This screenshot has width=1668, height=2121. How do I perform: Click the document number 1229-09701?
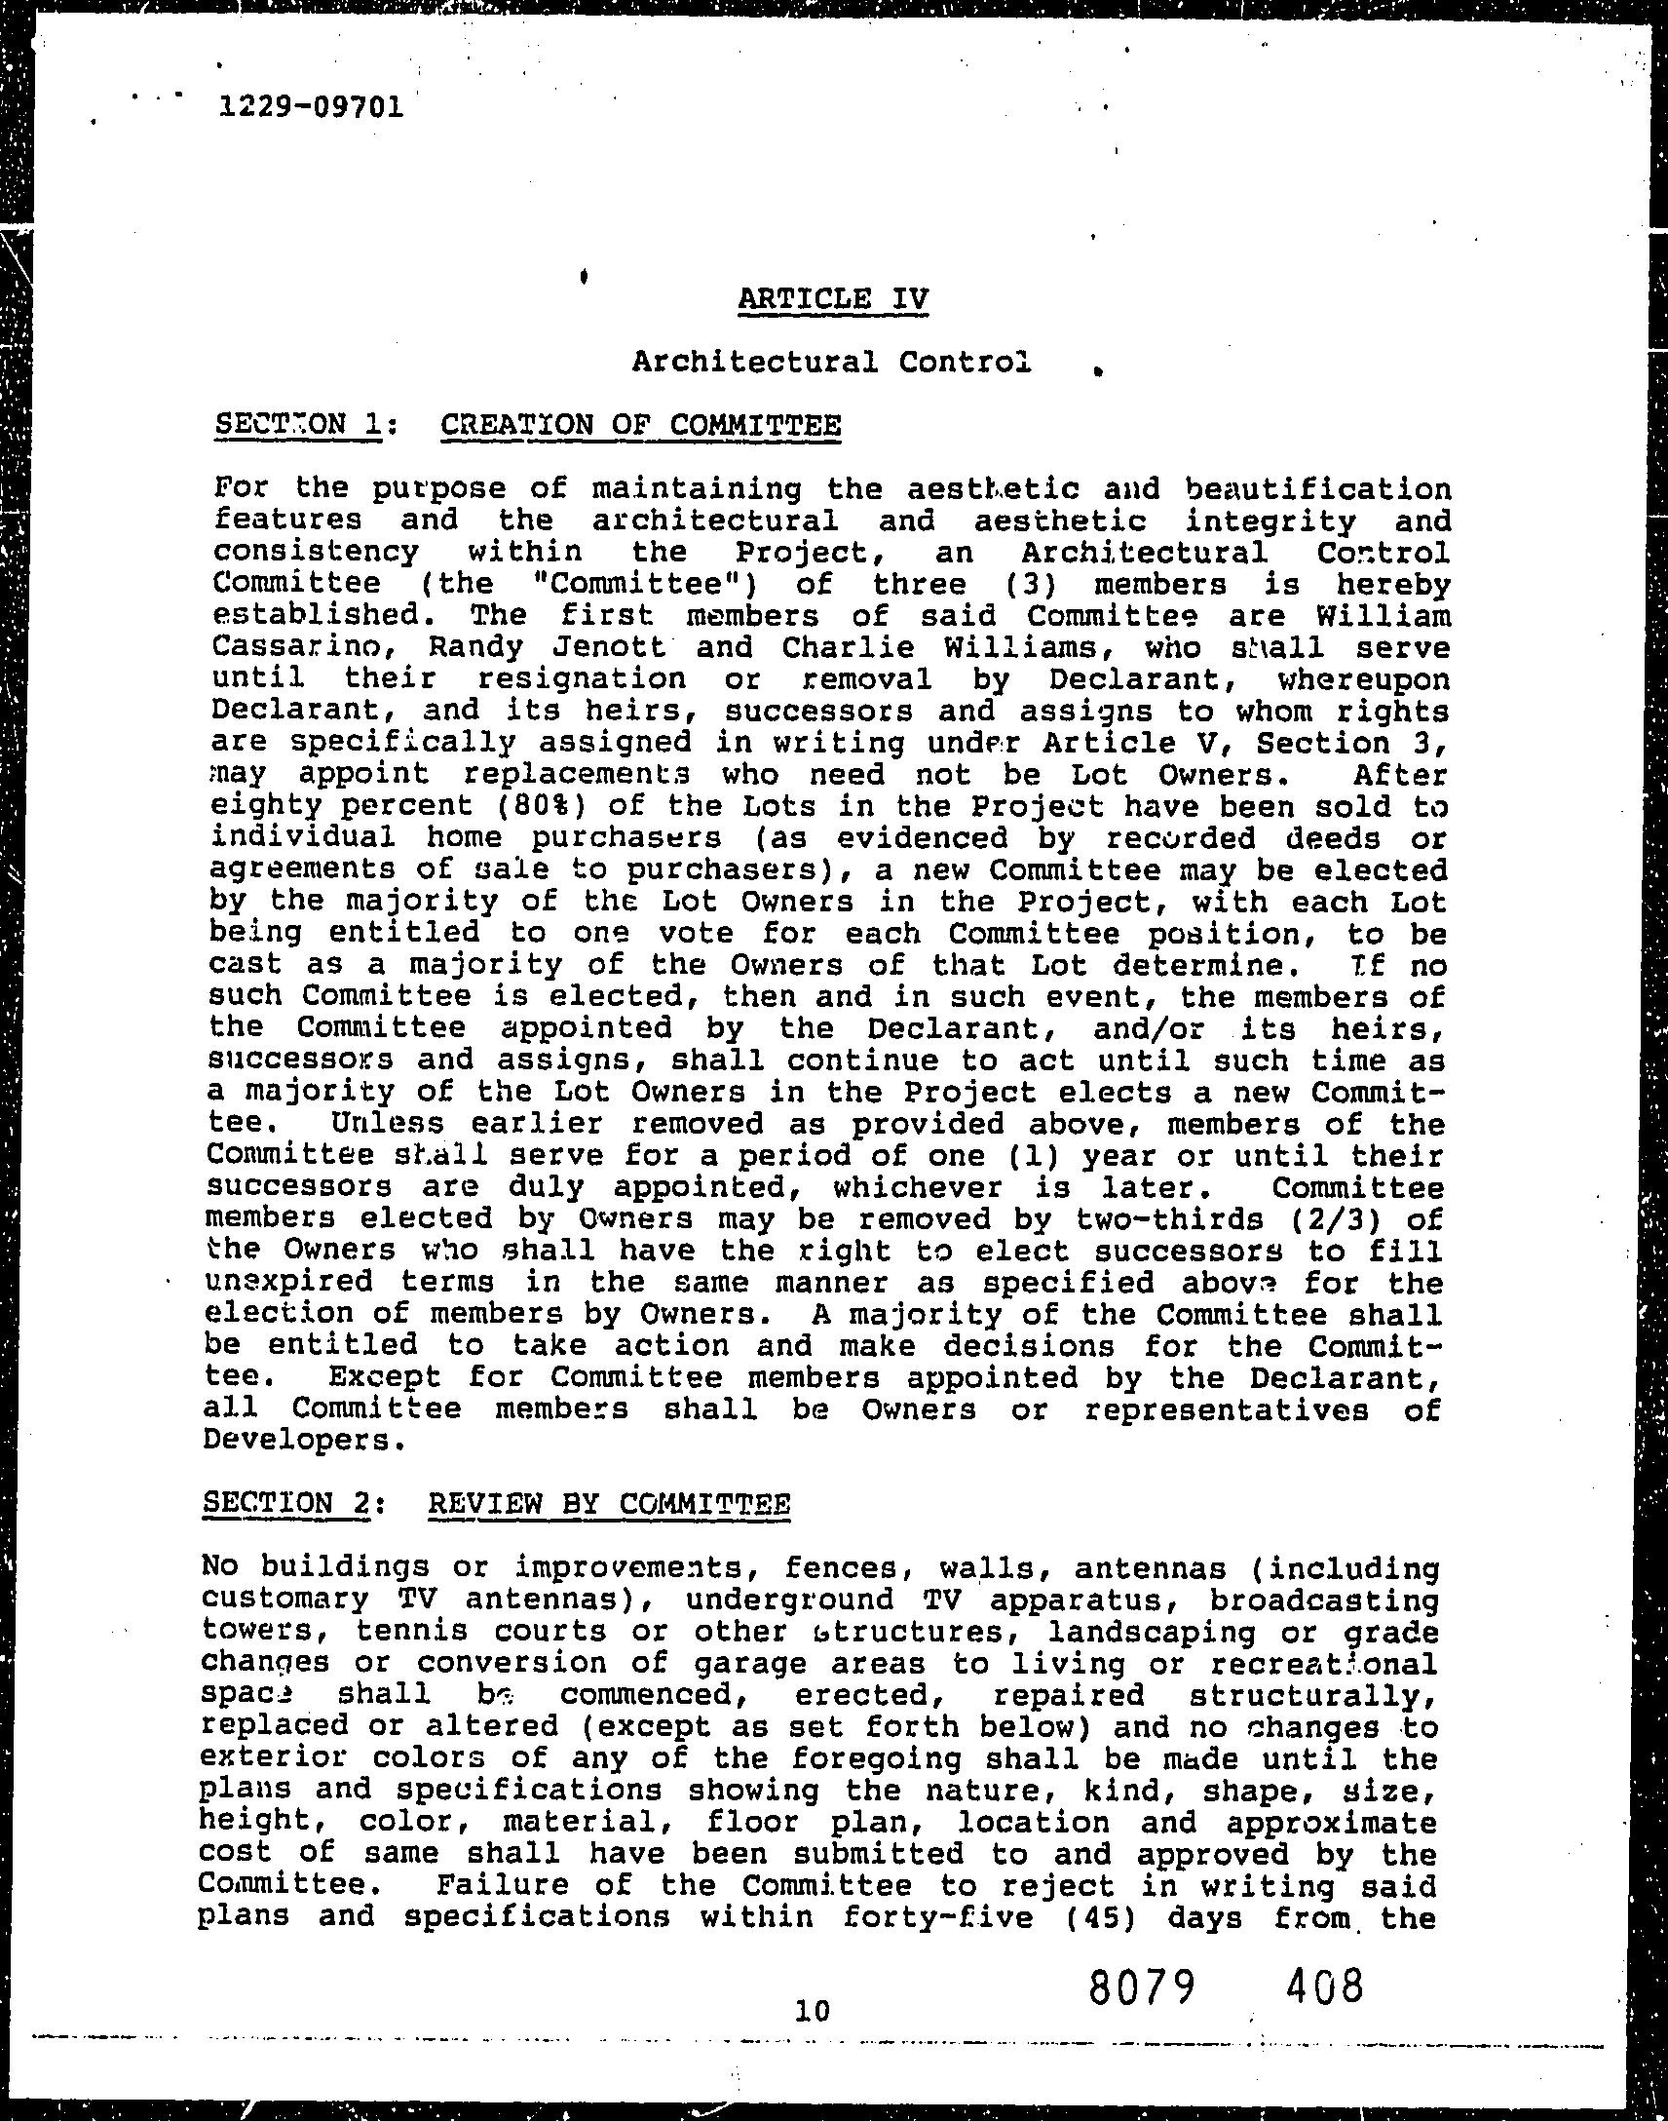tap(311, 106)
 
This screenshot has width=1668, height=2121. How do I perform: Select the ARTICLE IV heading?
tap(833, 298)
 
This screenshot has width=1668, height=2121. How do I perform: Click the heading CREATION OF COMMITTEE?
tap(641, 425)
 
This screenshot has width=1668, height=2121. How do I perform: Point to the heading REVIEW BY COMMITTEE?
tap(608, 1503)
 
